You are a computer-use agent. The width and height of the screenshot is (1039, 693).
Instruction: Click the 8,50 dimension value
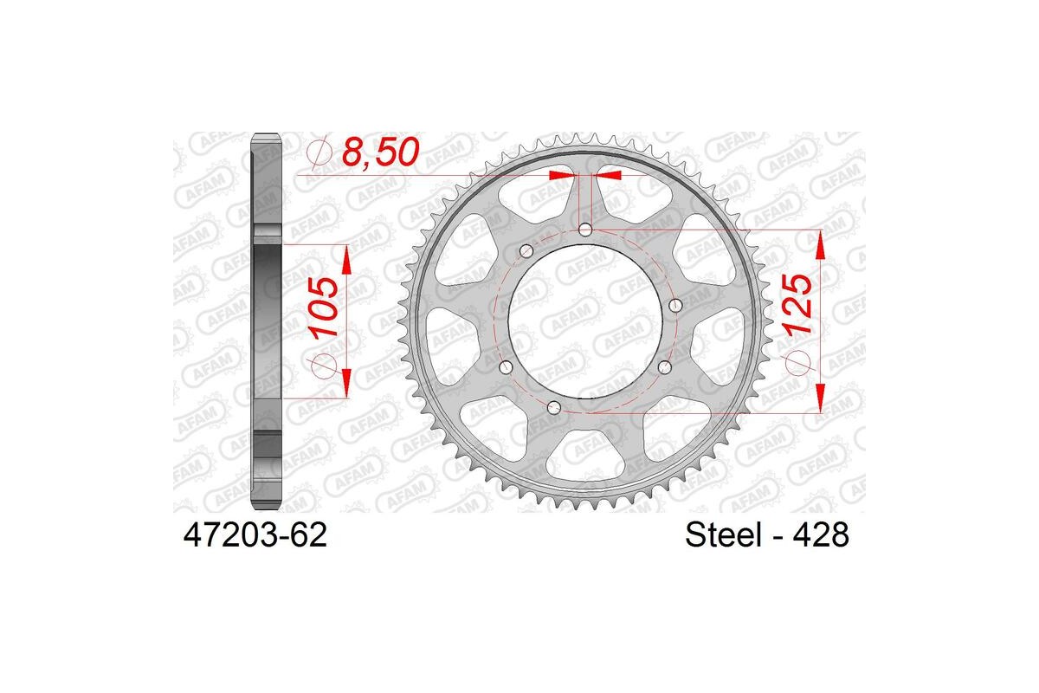click(x=381, y=153)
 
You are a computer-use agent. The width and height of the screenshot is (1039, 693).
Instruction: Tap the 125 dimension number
click(x=797, y=305)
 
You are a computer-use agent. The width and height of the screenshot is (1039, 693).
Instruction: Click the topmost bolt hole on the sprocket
click(x=586, y=230)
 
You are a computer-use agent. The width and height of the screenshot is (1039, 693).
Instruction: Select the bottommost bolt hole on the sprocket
click(x=556, y=407)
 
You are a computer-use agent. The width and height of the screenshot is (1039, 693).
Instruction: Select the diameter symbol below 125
click(x=797, y=365)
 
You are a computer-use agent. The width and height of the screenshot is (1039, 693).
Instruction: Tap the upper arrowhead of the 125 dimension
click(x=820, y=246)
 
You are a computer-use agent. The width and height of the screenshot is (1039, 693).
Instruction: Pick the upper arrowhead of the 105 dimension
click(x=346, y=258)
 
